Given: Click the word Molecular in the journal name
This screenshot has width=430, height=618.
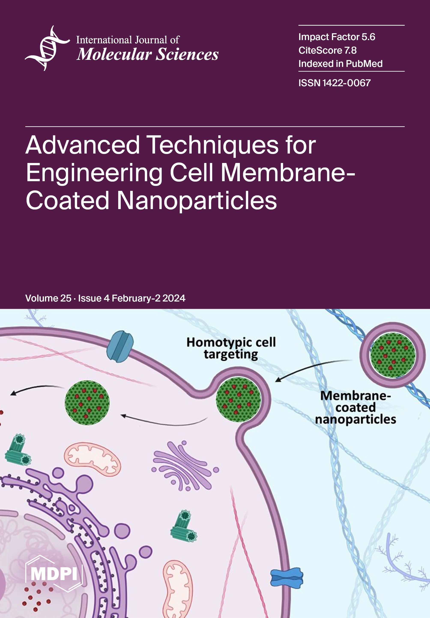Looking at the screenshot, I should (114, 54).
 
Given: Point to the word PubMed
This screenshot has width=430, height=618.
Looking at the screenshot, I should (364, 64).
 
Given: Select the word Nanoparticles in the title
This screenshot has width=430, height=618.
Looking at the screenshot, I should (197, 200).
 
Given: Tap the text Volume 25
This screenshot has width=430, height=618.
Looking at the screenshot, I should (48, 298).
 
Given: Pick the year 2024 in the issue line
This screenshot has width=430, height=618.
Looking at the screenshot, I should (174, 298).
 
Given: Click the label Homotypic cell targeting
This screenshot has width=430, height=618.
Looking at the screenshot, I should (231, 348).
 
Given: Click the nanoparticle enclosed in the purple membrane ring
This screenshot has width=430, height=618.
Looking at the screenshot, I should (393, 355).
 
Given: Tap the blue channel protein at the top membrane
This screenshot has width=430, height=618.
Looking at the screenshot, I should (120, 346).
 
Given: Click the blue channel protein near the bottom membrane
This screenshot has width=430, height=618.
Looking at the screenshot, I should (287, 578).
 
